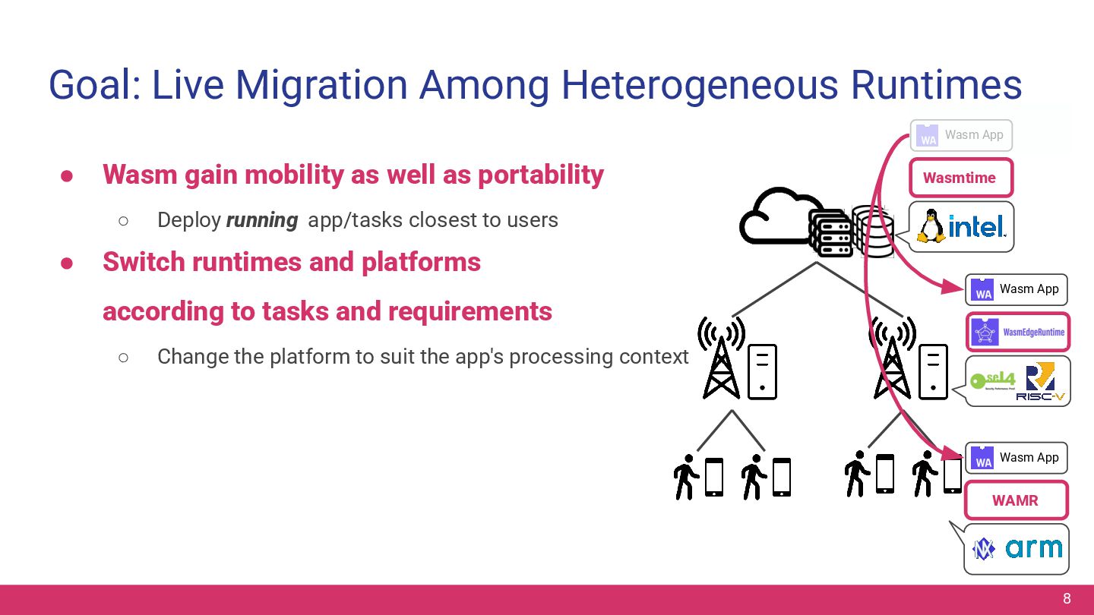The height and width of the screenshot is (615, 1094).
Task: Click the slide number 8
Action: [x=1067, y=598]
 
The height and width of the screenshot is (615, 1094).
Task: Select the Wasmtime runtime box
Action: [x=960, y=178]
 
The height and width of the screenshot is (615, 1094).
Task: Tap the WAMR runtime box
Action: [x=1015, y=501]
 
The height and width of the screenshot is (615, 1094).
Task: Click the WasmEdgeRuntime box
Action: [x=1017, y=333]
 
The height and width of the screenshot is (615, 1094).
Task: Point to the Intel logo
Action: [x=977, y=226]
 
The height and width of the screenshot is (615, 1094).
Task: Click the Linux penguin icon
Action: [x=931, y=226]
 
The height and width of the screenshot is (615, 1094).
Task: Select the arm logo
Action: [x=1033, y=548]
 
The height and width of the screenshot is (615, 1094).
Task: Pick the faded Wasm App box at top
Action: [x=961, y=135]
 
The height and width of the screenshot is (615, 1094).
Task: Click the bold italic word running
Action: [x=262, y=220]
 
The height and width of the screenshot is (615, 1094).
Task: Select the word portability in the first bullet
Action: [x=540, y=175]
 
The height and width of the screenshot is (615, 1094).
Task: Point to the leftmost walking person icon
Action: [x=686, y=477]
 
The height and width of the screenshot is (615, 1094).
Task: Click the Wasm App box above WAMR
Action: [x=1016, y=458]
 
